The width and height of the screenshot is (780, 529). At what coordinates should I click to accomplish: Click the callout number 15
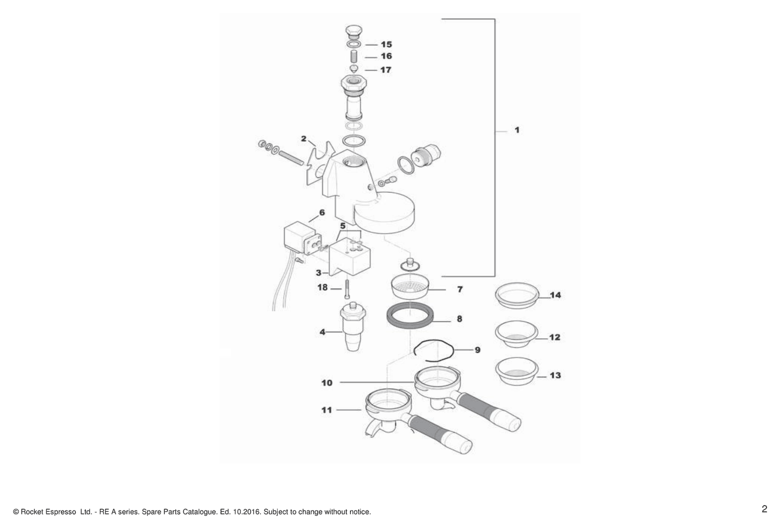386,45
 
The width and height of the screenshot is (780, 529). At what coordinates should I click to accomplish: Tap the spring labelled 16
354,56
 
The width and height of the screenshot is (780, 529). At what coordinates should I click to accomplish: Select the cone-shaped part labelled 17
354,68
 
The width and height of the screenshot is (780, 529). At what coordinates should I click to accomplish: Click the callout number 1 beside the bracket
517,130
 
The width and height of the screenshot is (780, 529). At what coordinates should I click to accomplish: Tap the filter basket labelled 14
517,296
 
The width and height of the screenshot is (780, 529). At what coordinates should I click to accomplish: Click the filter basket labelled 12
517,334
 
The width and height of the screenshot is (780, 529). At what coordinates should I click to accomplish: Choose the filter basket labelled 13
517,372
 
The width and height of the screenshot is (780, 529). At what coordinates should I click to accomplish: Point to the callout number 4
322,333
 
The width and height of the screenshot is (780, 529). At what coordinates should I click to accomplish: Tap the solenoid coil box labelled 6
300,239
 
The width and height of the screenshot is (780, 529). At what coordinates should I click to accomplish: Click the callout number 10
327,383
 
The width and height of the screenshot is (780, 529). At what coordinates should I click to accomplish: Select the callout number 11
327,411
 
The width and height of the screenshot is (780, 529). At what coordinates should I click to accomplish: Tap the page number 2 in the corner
764,509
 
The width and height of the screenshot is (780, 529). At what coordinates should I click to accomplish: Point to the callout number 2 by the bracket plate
304,139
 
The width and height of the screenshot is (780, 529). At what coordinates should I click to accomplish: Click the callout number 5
343,226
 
